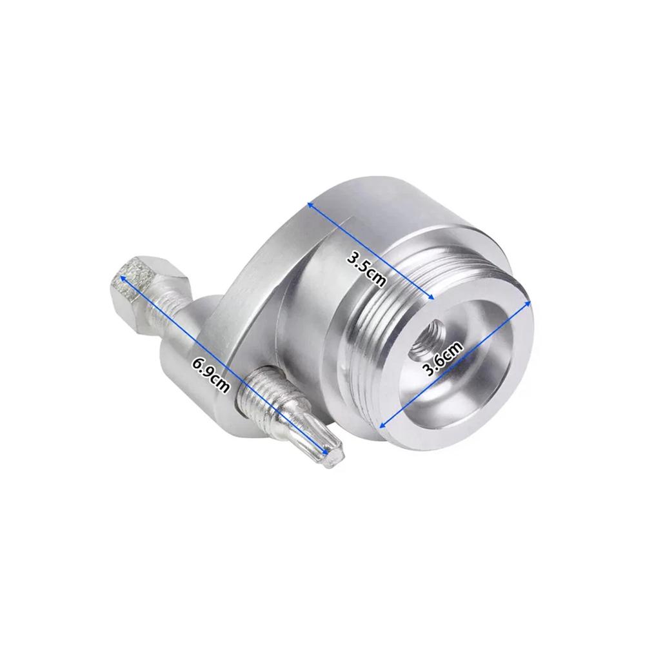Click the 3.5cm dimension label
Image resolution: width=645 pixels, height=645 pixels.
point(366,269)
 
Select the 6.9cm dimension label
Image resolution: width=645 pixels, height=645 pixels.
point(211,375)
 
